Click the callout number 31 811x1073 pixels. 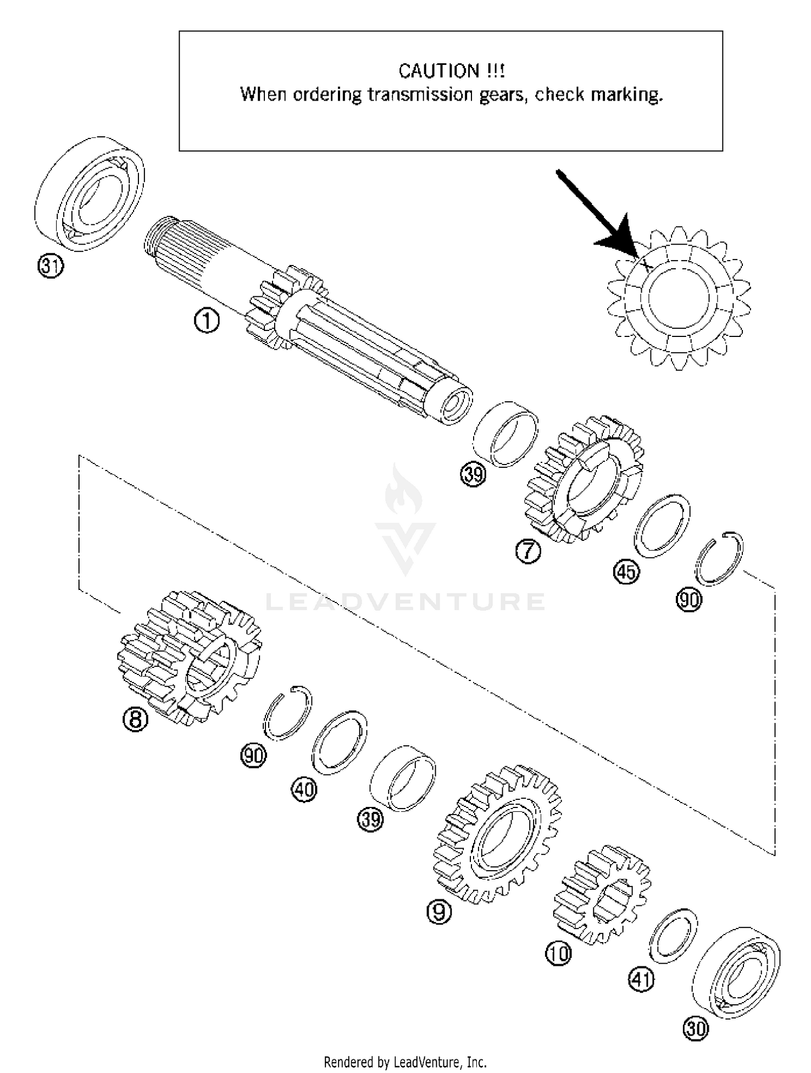pos(50,266)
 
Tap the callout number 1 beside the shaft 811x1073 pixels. pos(207,321)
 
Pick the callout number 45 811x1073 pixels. pos(626,572)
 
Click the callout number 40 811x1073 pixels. pos(304,790)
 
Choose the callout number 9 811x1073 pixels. pos(438,912)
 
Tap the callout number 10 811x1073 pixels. pos(558,953)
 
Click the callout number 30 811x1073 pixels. pos(695,1029)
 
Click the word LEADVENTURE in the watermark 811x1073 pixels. pos(405,601)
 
